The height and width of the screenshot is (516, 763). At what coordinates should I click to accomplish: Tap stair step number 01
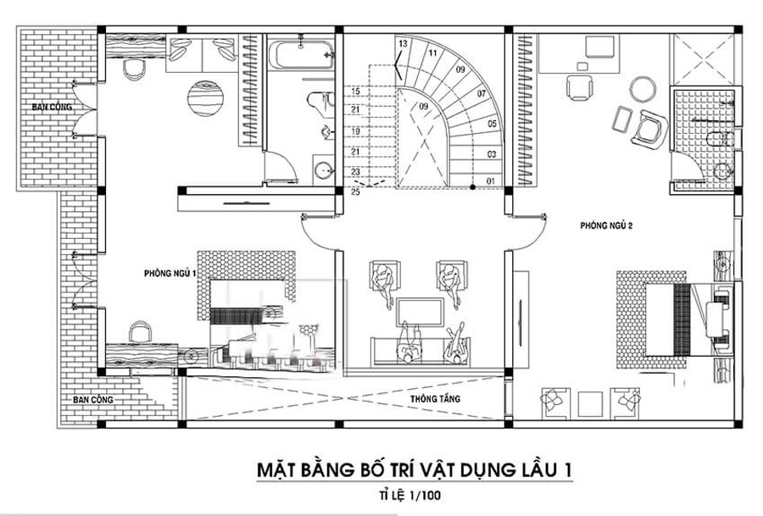coord(489,181)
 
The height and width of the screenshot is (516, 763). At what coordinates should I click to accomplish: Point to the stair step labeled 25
coord(355,192)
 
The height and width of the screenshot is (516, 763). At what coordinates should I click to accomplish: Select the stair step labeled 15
coord(355,91)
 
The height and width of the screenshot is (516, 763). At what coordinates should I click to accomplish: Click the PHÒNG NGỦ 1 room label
coord(170,274)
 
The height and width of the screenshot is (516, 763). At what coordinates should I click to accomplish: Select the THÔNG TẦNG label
coord(428,398)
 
